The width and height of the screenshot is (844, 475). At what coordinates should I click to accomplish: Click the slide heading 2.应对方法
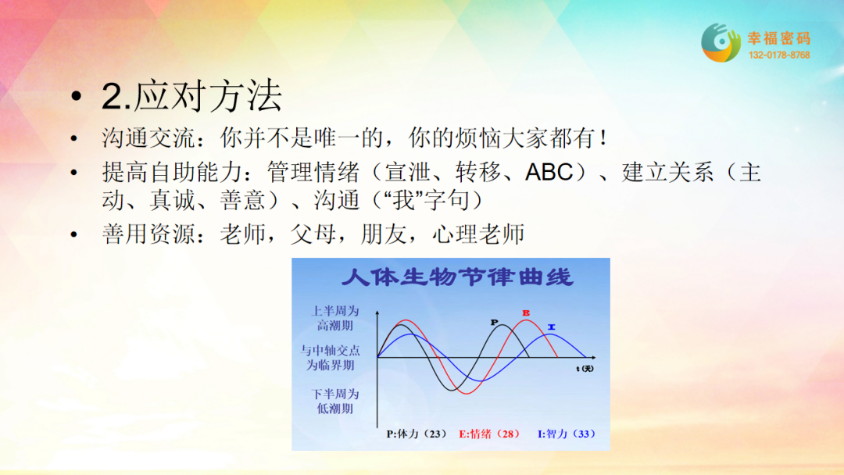(x=191, y=96)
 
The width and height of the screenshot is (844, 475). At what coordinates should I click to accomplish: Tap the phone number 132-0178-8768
(x=779, y=55)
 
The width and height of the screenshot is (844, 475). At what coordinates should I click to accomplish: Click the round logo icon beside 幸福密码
(x=721, y=42)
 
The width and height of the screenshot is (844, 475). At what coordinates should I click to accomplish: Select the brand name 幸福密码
(x=779, y=38)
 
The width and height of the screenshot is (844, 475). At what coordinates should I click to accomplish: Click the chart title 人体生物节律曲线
(x=457, y=277)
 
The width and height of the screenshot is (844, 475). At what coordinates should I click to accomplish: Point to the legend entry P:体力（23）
(x=417, y=434)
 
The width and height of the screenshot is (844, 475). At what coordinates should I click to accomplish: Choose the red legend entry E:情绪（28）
(x=489, y=434)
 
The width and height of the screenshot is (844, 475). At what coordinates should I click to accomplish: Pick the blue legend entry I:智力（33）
(x=567, y=434)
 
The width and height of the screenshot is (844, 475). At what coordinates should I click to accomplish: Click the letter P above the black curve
(x=494, y=322)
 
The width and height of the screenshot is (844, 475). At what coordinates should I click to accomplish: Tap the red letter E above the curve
(x=526, y=313)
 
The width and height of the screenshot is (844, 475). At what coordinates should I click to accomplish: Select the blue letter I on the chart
(x=551, y=327)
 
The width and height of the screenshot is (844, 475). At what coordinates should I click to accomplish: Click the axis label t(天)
(x=585, y=369)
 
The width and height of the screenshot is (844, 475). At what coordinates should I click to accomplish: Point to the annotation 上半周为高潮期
(x=335, y=318)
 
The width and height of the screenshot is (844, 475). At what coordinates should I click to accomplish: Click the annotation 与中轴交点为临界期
(x=330, y=358)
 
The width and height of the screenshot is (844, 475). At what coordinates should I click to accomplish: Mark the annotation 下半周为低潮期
(x=335, y=402)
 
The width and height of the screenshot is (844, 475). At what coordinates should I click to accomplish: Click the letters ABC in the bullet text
(x=549, y=173)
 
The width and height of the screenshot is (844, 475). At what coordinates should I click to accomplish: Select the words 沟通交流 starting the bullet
(x=148, y=138)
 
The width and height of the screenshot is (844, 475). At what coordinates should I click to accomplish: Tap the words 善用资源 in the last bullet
(x=148, y=234)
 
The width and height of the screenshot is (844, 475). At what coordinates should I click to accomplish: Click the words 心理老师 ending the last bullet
(x=478, y=234)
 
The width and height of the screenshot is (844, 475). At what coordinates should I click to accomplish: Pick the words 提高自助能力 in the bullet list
(x=172, y=173)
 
